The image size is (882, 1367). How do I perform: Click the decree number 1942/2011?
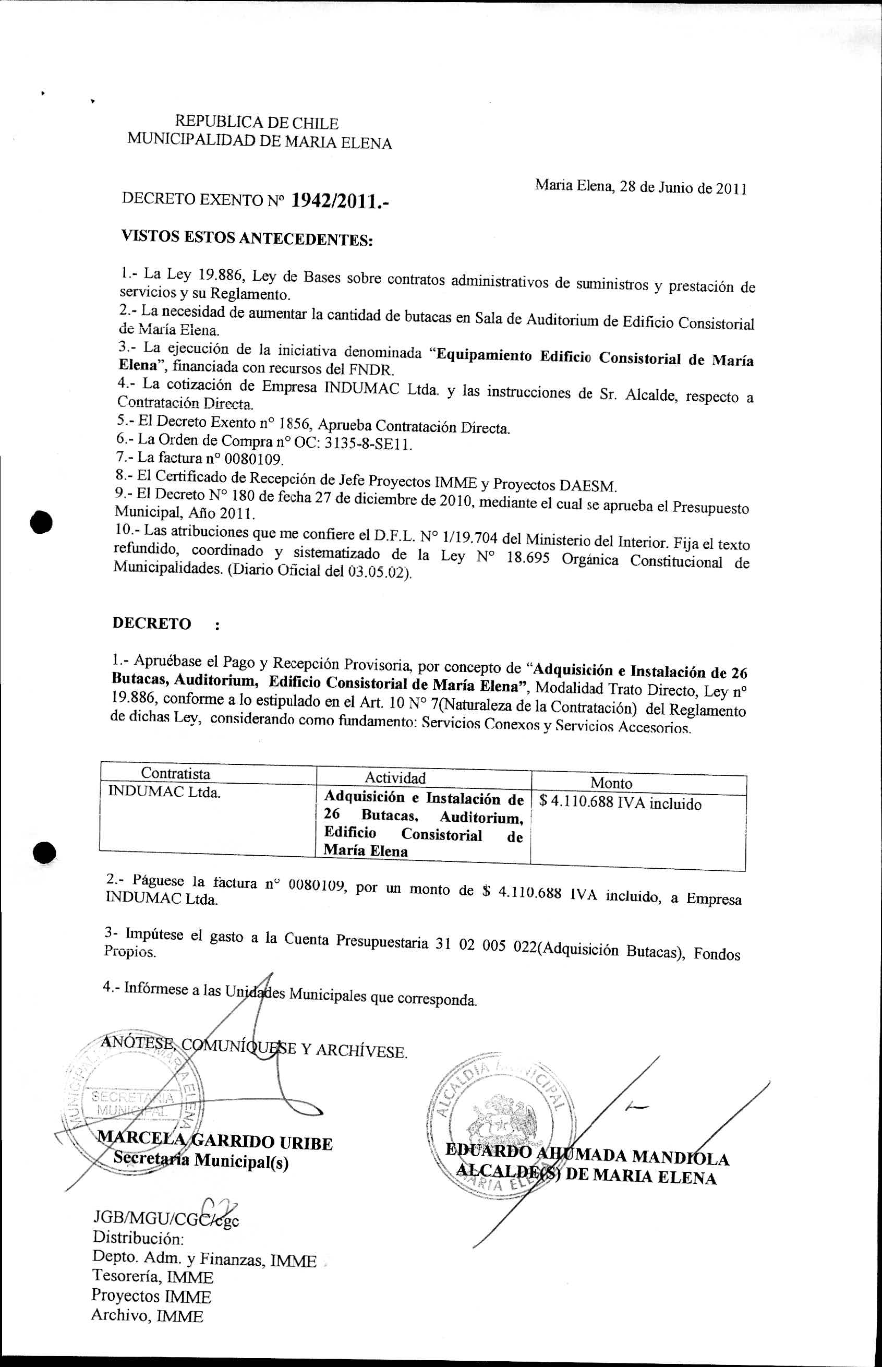point(340,200)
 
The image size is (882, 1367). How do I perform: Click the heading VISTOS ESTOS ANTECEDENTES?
point(247,238)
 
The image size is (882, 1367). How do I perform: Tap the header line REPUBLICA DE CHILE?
point(256,123)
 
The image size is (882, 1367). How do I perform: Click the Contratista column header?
point(175,773)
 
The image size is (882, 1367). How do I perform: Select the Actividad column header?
point(395,777)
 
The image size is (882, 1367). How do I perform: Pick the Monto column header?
point(611,783)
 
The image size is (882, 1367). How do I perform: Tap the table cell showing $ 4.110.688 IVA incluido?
point(620,804)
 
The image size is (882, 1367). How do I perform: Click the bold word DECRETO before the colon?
point(152,623)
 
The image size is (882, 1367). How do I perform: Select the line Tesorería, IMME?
point(152,1277)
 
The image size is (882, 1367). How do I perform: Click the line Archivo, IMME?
point(147,1316)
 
